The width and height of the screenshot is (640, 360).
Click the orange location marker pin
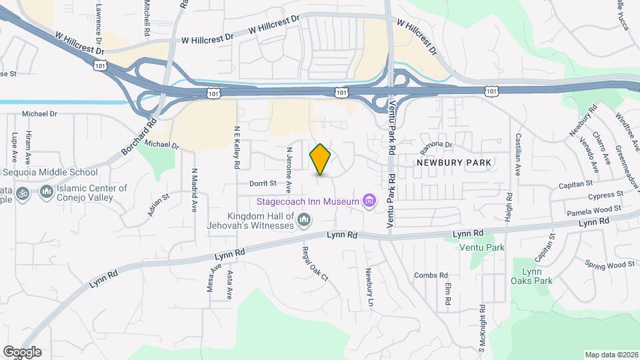321,159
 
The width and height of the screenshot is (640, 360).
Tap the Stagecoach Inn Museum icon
367,201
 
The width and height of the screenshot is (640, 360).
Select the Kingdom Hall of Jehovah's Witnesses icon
304,219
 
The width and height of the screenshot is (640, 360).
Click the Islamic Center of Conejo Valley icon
46,193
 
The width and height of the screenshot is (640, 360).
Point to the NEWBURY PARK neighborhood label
454,162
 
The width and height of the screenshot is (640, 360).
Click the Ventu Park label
482,248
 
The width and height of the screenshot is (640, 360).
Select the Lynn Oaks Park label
531,276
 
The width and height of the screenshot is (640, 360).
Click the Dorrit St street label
263,183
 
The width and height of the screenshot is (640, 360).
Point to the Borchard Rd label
139,137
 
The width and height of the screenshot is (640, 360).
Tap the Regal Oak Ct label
315,262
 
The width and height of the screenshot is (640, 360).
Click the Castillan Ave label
517,154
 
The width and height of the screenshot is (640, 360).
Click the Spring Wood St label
610,265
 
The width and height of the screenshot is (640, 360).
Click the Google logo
22,352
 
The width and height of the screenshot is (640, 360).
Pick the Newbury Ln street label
368,287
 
